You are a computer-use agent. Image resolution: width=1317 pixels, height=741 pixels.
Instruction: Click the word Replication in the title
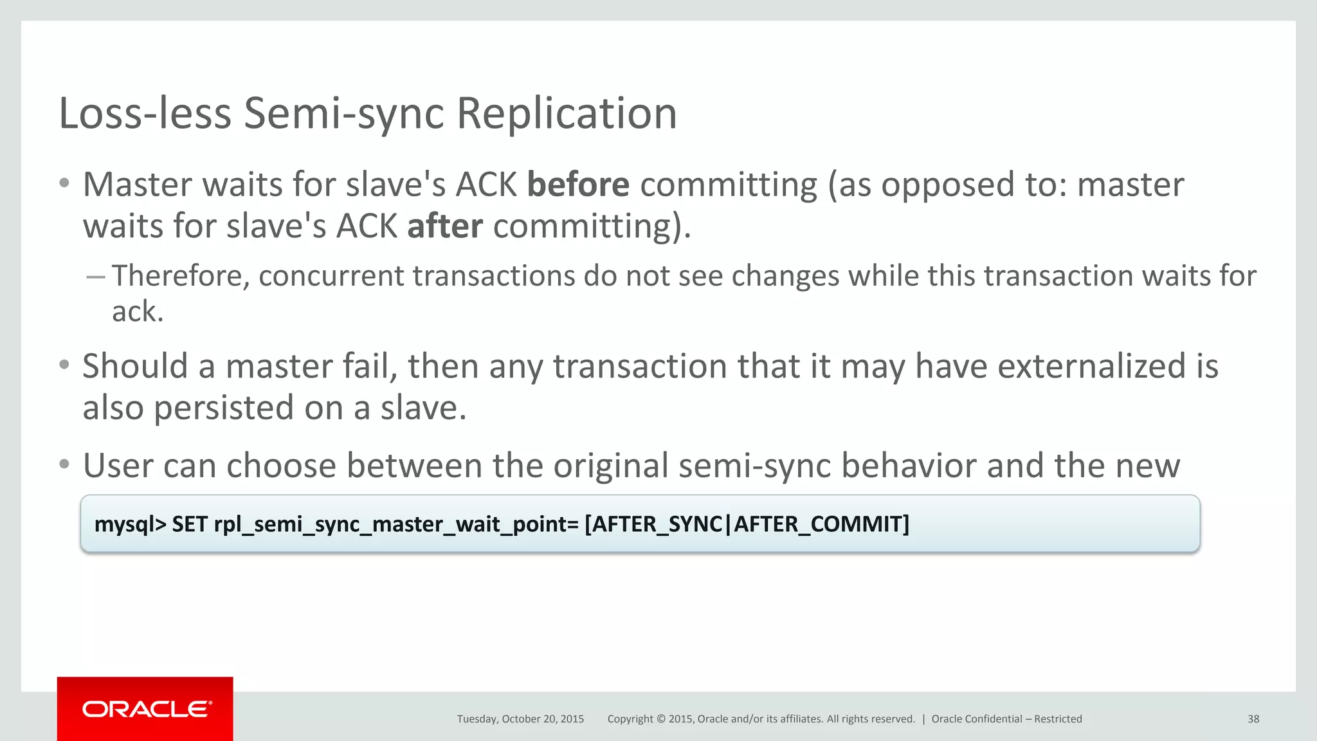point(567,113)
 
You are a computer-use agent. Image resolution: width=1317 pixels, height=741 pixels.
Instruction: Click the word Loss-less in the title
point(145,113)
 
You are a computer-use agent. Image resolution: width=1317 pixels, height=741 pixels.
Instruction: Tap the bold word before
point(577,185)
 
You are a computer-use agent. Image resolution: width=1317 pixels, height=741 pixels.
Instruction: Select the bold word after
point(445,226)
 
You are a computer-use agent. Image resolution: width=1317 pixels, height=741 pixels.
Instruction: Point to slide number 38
point(1253,719)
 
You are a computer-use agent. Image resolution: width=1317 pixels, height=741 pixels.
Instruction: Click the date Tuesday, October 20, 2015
point(520,719)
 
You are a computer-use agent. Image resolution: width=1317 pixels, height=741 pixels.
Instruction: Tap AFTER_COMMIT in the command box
point(821,524)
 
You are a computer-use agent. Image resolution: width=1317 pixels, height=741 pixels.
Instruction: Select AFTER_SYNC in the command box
point(657,524)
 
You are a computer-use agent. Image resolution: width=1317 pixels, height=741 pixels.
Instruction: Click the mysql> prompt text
point(131,524)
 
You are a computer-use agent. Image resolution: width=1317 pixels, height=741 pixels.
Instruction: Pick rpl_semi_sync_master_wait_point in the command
point(391,524)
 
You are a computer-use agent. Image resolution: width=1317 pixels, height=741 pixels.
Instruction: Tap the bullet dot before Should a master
point(64,365)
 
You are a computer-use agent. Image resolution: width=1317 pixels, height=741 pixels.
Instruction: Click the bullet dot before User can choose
point(64,464)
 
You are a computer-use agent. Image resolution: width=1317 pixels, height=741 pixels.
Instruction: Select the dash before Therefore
point(95,277)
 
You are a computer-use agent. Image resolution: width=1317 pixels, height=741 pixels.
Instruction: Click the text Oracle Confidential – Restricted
point(1006,719)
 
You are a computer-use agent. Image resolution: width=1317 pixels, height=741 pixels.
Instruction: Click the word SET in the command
point(189,524)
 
